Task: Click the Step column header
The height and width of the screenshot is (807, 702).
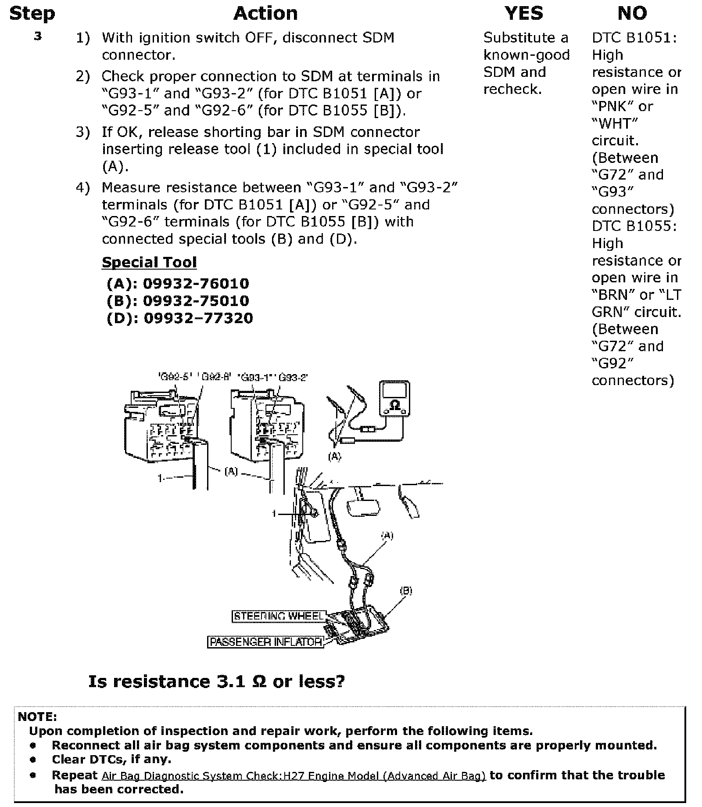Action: click(32, 14)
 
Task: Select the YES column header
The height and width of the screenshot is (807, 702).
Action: click(524, 14)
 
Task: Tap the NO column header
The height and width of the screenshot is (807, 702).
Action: click(632, 14)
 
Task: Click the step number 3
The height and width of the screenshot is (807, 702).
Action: click(38, 37)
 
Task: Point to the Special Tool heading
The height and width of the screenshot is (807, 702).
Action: click(149, 262)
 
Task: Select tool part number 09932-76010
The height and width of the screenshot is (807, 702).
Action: click(196, 284)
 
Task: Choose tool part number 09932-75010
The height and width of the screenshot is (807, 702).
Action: click(196, 301)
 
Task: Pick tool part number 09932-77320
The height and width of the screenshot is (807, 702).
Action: click(198, 318)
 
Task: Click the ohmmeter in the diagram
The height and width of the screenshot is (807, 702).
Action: click(395, 399)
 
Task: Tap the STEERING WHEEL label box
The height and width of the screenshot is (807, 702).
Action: click(279, 616)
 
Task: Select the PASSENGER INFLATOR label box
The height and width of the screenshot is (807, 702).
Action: click(265, 642)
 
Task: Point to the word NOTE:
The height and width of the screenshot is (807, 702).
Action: click(37, 717)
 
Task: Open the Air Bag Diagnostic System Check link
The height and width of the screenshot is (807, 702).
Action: click(294, 776)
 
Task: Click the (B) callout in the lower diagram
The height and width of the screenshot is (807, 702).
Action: click(406, 591)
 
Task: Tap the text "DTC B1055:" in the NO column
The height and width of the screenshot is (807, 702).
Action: click(634, 226)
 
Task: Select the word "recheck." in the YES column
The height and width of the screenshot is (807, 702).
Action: click(512, 89)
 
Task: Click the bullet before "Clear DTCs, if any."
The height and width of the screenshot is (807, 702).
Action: click(33, 759)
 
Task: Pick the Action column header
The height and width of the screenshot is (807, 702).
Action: click(265, 14)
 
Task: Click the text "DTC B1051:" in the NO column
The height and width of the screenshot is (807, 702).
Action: click(634, 38)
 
